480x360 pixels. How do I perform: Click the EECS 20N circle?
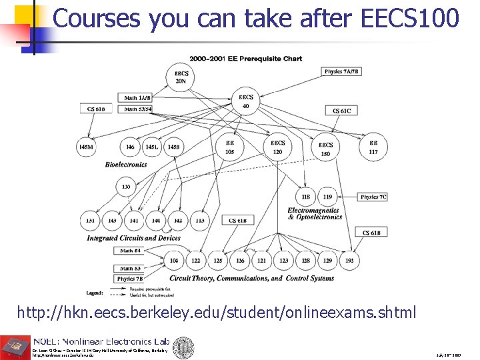181,77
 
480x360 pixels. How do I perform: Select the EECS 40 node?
245,101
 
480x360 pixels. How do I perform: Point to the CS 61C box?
341,111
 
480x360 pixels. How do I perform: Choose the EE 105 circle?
230,147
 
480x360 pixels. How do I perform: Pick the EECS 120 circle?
277,147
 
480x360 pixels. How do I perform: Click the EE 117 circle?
373,147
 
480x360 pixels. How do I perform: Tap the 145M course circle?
86,147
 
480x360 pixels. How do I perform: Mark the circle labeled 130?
126,187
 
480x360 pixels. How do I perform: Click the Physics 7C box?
373,197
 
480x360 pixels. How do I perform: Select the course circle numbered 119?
327,197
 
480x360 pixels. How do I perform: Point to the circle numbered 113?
199,220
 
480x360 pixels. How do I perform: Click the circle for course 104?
174,261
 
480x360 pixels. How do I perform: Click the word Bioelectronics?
127,164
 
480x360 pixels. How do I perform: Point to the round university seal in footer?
183,347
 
